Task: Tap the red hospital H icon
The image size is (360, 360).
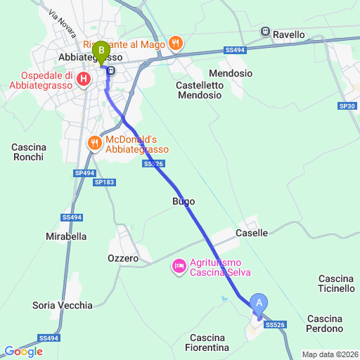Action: click(84, 78)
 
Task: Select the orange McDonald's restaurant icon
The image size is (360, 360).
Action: click(95, 143)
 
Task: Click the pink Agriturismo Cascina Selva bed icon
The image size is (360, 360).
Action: click(179, 266)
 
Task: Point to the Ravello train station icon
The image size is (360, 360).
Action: click(266, 32)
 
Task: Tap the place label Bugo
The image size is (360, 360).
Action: click(183, 201)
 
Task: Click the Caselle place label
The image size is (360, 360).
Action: click(252, 233)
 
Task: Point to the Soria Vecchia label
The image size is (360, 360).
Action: click(63, 305)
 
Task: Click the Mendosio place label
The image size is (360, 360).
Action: click(231, 73)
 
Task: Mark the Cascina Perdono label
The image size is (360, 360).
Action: click(325, 323)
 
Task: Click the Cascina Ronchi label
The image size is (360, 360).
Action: click(29, 152)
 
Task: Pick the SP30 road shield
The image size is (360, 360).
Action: click(347, 106)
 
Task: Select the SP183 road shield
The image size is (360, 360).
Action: click(104, 182)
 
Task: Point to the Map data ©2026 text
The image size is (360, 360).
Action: click(330, 354)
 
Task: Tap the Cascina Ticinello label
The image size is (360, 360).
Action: click(336, 283)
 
